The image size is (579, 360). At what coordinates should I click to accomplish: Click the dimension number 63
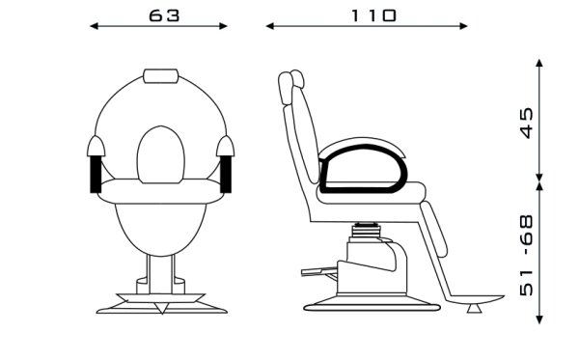164,15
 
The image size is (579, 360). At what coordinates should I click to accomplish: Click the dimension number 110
373,15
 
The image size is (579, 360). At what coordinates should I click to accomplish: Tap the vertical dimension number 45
527,123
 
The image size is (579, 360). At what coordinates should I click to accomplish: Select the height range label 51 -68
527,255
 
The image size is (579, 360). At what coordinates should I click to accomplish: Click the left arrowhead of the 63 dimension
94,26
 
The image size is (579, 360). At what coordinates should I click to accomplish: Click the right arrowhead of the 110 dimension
464,26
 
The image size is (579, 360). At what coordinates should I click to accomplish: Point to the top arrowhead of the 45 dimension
539,63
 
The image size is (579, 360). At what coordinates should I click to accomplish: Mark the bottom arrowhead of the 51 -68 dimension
539,319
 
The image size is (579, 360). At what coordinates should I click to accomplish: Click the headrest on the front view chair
160,75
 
